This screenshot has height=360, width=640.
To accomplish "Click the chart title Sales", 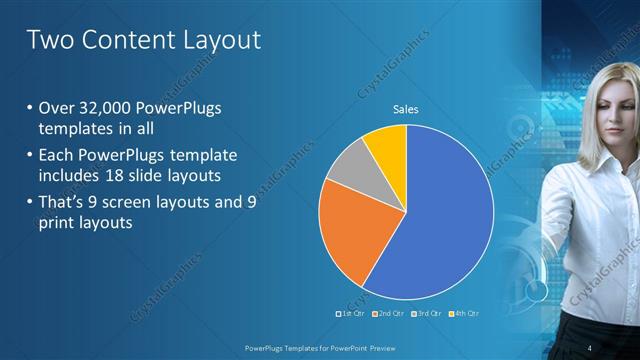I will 405,109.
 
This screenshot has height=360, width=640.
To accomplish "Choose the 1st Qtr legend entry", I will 350,313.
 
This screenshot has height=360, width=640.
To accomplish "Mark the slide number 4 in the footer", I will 590,347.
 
